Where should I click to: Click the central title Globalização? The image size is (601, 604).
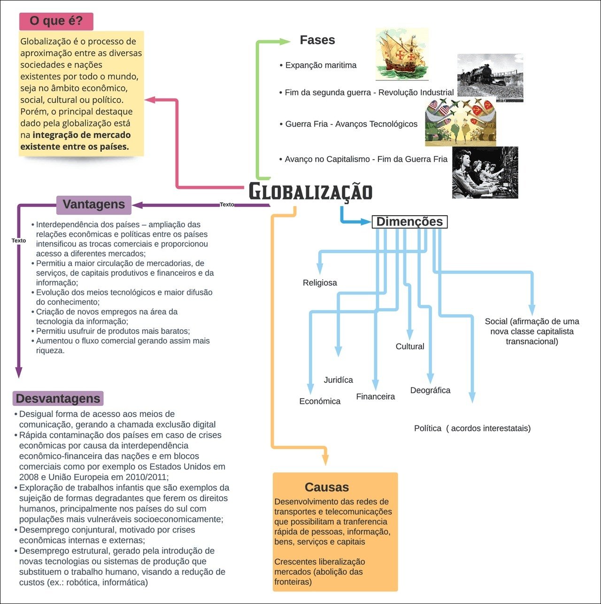tap(310, 191)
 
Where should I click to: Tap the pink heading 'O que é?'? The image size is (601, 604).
tap(56, 21)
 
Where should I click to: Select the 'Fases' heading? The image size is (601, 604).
tap(317, 40)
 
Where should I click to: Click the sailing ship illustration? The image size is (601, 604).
tap(402, 54)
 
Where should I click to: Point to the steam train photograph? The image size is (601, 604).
tap(490, 77)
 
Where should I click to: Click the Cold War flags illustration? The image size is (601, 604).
tap(460, 122)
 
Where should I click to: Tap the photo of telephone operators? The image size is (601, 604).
tap(485, 172)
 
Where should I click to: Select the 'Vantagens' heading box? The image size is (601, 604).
tap(94, 204)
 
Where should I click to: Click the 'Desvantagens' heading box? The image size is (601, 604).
tap(58, 398)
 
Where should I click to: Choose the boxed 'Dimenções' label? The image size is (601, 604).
tap(409, 222)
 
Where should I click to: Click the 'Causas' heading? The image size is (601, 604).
tap(327, 487)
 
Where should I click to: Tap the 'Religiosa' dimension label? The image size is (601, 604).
tap(320, 283)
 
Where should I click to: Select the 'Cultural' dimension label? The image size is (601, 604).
tap(410, 346)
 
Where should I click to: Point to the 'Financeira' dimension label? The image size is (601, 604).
tap(376, 396)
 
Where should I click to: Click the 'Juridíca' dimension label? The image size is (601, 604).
tap(339, 380)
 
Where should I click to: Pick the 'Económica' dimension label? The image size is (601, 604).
tap(320, 401)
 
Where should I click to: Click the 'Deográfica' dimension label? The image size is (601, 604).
tap(430, 390)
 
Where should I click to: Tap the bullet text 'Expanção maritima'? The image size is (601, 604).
tap(321, 65)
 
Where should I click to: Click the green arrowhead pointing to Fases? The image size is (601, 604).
tap(285, 41)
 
